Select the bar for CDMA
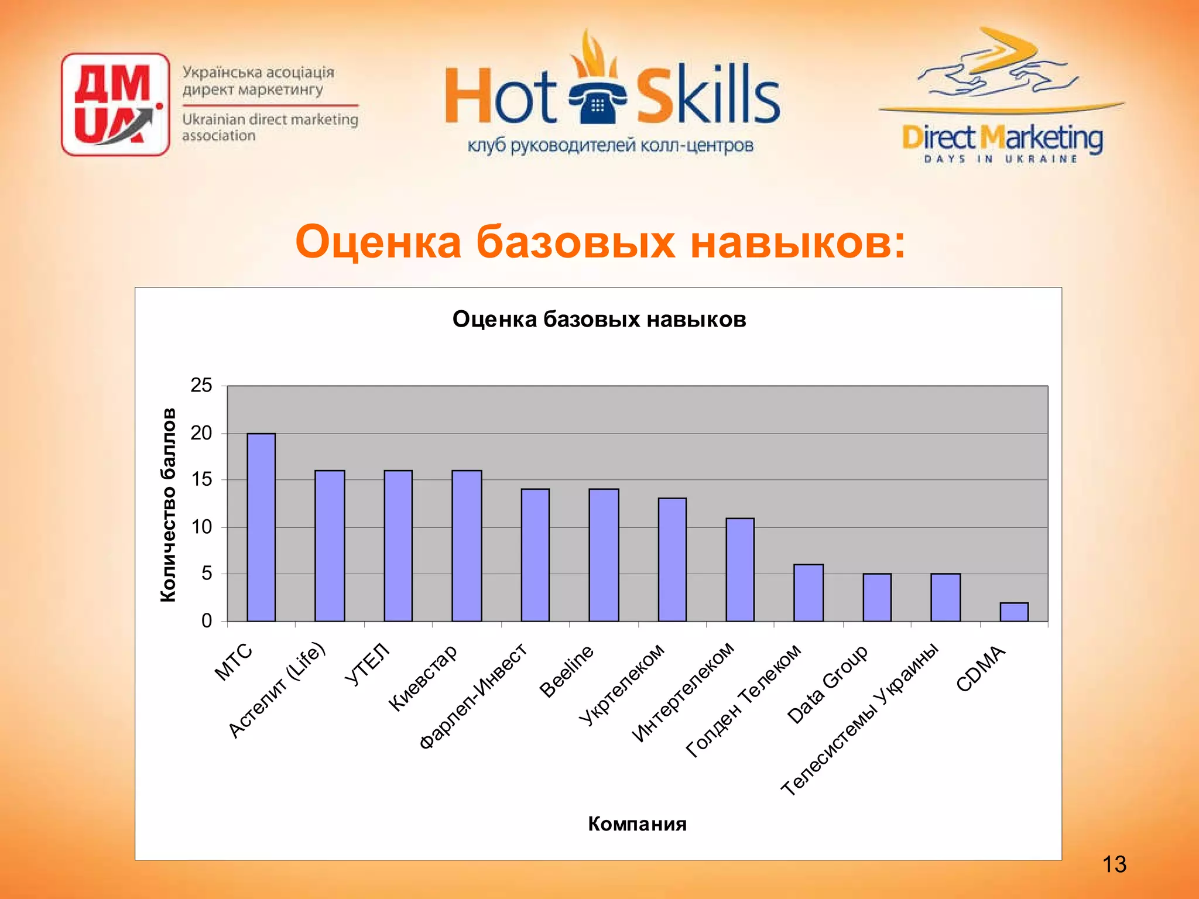(1014, 612)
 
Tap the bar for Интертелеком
(740, 569)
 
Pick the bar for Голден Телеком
(809, 592)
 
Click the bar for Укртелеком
(672, 560)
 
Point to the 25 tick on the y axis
(201, 386)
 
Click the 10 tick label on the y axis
(201, 527)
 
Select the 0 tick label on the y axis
(207, 621)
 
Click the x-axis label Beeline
(566, 671)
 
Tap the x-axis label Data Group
(827, 684)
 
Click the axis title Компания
(637, 824)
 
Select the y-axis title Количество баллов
(168, 505)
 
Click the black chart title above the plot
(599, 320)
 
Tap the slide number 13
(1114, 864)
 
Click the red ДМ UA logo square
(115, 104)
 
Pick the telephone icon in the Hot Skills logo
(597, 104)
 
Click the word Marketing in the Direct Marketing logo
(1042, 138)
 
